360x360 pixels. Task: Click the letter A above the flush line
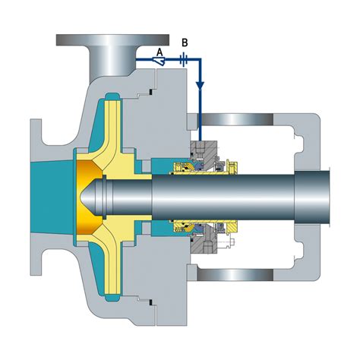pyautogui.click(x=159, y=52)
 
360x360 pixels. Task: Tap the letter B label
pyautogui.click(x=185, y=43)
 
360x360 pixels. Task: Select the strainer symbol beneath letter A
pyautogui.click(x=159, y=61)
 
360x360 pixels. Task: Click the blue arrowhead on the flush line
pyautogui.click(x=201, y=85)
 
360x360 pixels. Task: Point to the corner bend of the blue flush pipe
pyautogui.click(x=200, y=60)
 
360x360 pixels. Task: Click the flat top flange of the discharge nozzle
pyautogui.click(x=112, y=40)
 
